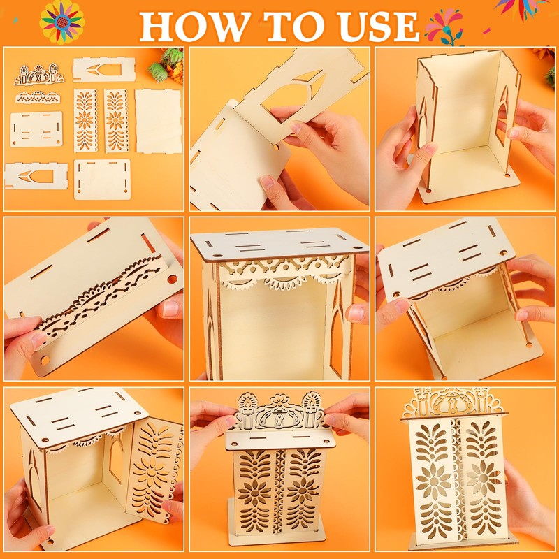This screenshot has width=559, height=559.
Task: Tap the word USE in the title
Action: tap(379, 27)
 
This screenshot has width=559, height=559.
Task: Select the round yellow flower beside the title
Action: tap(62, 22)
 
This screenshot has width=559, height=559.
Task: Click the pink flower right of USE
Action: tap(444, 26)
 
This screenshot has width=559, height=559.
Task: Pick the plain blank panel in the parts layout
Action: tap(159, 121)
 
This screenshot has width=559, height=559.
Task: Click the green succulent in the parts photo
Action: tap(166, 64)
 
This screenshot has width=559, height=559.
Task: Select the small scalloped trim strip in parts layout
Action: tap(38, 97)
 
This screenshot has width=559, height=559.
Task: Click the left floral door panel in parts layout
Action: tap(85, 120)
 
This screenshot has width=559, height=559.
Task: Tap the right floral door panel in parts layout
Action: tap(116, 120)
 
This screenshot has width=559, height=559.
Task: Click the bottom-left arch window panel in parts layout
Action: tap(36, 176)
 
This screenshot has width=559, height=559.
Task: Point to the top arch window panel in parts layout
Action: tap(103, 69)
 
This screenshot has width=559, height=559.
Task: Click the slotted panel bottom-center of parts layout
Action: tap(102, 180)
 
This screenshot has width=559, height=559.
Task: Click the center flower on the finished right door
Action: tap(484, 477)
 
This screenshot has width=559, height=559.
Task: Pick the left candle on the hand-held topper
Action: tap(247, 410)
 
